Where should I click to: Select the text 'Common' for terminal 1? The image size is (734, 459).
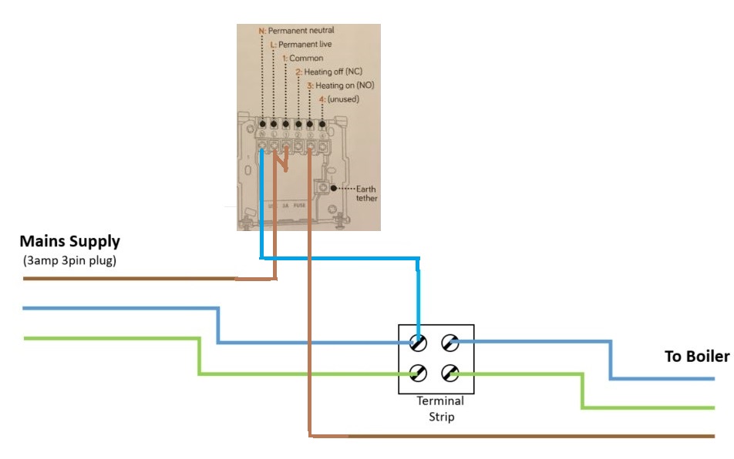[x=306, y=58]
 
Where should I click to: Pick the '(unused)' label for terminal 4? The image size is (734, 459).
[x=343, y=99]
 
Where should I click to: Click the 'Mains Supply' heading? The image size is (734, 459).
[x=69, y=241]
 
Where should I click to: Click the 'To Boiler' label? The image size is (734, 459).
[x=696, y=357]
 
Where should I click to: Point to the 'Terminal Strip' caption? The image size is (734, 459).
[x=439, y=408]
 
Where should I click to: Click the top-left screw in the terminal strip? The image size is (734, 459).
[x=419, y=343]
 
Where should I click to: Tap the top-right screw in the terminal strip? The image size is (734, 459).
[x=449, y=343]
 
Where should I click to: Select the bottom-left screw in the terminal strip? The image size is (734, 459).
[x=419, y=374]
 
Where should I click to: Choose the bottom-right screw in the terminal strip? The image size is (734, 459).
[x=449, y=374]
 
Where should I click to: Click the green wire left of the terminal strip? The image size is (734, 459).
[x=116, y=337]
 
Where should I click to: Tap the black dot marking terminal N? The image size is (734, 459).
[x=263, y=123]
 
